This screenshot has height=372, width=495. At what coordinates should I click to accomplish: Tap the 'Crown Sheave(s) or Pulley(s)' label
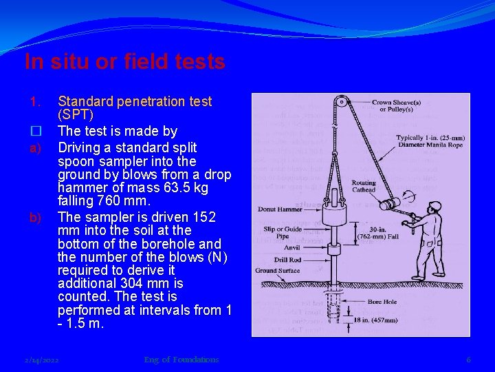397,105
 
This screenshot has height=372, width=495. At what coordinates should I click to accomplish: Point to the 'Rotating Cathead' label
364,186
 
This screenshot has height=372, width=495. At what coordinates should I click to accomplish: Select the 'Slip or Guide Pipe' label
282,233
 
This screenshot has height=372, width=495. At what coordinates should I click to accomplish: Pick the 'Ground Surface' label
278,271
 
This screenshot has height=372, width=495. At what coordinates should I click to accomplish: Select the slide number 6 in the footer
468,360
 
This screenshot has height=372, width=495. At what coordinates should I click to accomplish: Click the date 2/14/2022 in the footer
41,360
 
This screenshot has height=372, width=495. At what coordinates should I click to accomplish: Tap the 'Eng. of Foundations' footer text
181,360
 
